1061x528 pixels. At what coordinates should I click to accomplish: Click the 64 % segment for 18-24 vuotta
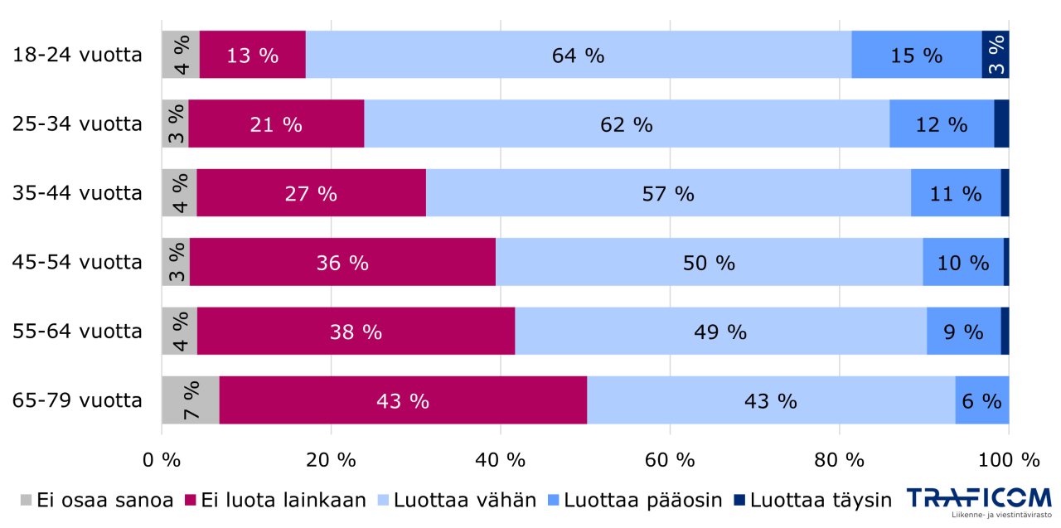[578, 56]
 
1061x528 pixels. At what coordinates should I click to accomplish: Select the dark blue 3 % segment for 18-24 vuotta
[996, 56]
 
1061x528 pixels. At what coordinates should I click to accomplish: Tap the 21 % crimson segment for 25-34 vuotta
[276, 124]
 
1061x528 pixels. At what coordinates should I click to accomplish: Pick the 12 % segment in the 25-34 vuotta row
[941, 124]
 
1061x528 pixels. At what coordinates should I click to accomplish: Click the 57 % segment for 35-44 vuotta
[667, 193]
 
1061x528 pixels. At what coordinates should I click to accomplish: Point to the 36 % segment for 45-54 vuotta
[342, 262]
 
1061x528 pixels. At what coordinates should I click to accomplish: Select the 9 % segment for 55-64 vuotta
[963, 331]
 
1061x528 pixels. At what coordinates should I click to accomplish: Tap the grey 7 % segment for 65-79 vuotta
[191, 400]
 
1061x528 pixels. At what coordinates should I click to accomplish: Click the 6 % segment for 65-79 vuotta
[981, 400]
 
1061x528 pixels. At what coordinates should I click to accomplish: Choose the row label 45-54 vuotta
[77, 262]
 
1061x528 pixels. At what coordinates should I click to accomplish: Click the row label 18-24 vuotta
[77, 56]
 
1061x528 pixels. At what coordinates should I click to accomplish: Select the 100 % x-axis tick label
[1008, 458]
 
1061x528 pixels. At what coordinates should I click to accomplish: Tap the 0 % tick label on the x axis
[161, 458]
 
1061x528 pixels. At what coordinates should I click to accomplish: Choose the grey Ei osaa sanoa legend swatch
[26, 500]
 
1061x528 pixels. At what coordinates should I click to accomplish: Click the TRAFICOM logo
[978, 501]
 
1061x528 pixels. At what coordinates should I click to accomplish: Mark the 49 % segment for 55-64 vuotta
[719, 331]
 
